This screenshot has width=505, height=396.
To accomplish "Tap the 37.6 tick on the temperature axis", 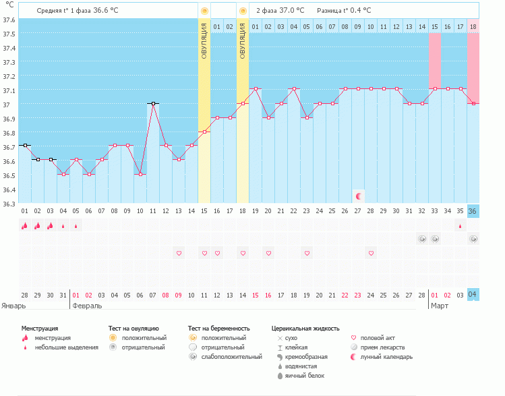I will coord(9,20).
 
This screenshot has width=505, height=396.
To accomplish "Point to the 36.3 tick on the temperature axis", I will coord(9,203).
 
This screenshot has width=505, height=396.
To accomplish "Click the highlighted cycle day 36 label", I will coord(473,211).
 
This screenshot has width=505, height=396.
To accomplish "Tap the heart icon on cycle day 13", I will coord(179,253).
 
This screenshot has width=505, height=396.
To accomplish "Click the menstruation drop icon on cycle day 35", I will coord(461,226).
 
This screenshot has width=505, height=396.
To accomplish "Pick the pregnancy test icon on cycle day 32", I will coord(422,239).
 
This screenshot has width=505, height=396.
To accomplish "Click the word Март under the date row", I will coord(440,306).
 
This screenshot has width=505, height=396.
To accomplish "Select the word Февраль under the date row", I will coord(87,306).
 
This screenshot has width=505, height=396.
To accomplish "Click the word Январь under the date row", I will coord(14,306).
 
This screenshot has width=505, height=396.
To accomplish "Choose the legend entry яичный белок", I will coord(305,376).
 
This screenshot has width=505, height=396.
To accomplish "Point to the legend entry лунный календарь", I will coord(386,357).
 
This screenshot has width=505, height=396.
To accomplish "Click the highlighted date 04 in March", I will coord(473,295).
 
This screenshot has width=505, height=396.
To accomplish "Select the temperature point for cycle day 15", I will coord(204,132).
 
